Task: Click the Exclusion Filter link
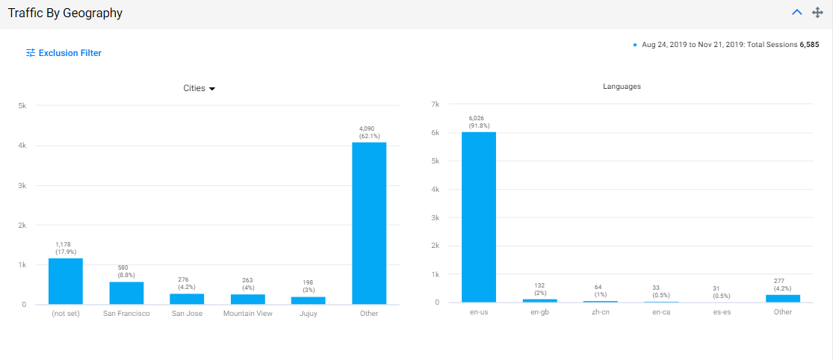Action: coord(64,53)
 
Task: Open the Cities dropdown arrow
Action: coord(212,89)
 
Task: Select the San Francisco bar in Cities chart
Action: coord(126,293)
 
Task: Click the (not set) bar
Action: coord(66,282)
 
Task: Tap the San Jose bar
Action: coord(187,299)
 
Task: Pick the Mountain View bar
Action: coord(247,300)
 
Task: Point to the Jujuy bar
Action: coord(308,300)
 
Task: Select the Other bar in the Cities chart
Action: coord(369,223)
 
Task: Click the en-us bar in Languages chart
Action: coord(479,217)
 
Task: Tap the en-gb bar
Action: coord(539,300)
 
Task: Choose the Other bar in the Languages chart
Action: coord(783,299)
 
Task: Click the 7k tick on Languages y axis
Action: coord(435,104)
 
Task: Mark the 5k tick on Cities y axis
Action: coord(23,105)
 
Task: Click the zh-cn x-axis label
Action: coord(601,311)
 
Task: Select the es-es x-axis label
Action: coord(722,311)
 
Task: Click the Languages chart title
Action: coord(622,87)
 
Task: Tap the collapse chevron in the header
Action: coord(797,12)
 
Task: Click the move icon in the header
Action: coord(817,12)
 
